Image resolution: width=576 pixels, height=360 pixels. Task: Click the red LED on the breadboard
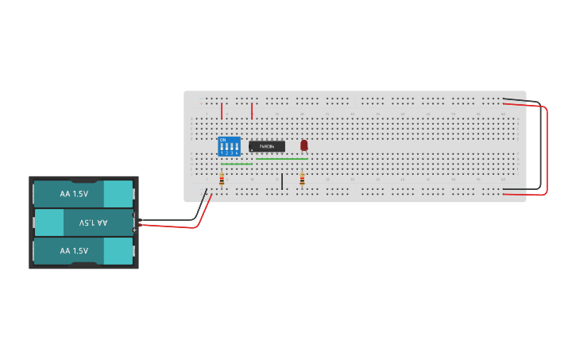click(x=303, y=145)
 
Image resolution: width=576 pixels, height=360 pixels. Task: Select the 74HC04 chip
click(x=267, y=146)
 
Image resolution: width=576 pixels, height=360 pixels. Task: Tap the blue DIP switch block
click(x=229, y=147)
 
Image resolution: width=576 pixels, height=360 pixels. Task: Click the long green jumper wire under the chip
click(x=281, y=159)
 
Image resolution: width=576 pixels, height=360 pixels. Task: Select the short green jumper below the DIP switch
click(x=237, y=165)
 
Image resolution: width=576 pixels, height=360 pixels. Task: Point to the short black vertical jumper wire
click(x=281, y=181)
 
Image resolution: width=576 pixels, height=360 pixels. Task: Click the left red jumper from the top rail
click(x=222, y=110)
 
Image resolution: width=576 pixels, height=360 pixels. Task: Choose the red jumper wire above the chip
click(x=252, y=110)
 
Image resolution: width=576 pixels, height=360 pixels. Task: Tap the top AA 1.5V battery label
click(x=74, y=193)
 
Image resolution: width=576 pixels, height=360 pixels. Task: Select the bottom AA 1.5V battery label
click(x=74, y=251)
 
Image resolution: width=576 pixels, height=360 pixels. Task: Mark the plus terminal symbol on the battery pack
click(x=135, y=230)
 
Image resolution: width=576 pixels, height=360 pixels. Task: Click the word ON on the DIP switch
click(x=222, y=140)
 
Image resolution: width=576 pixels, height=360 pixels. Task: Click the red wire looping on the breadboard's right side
click(x=547, y=151)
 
